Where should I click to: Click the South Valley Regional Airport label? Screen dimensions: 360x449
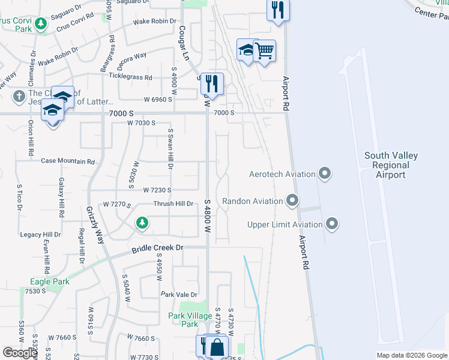(x=391, y=165)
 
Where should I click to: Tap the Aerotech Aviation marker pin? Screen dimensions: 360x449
(x=325, y=175)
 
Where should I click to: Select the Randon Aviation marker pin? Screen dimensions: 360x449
(x=292, y=201)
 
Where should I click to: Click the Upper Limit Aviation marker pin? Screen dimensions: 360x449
(x=332, y=225)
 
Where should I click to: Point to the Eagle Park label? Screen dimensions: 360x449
(x=50, y=281)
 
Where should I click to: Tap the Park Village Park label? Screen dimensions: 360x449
(x=190, y=320)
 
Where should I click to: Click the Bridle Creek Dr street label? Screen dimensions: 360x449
(x=157, y=248)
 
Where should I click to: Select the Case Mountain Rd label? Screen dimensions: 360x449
(x=68, y=161)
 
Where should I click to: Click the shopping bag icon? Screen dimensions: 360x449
(x=217, y=346)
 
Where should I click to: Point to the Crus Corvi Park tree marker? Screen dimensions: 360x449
(x=41, y=25)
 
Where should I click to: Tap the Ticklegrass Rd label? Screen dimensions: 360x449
(x=130, y=77)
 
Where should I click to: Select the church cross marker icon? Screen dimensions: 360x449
(x=19, y=95)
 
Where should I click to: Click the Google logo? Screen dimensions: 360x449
(x=20, y=353)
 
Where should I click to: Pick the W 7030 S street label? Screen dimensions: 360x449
(x=141, y=122)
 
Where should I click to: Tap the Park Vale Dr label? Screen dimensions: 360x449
(x=179, y=295)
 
